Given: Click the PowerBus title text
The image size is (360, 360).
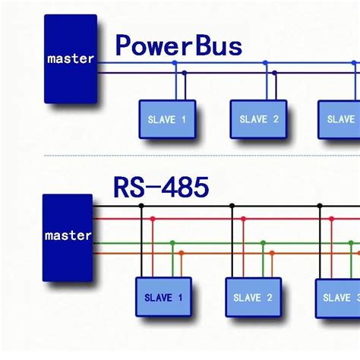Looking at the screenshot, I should pos(178,46).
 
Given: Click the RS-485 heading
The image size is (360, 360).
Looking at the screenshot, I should pos(161,186).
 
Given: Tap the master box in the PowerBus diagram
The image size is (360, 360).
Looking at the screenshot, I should pos(71,58).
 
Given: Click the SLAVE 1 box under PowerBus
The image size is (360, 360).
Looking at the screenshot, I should pos(167,119).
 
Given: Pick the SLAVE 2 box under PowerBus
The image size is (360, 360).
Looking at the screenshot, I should pos(258,119).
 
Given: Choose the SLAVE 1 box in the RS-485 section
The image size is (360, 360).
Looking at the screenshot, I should pos(163,297).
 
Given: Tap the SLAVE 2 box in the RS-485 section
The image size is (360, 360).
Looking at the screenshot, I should pos(253,297).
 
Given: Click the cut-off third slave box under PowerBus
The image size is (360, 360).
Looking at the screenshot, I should pos(339,119).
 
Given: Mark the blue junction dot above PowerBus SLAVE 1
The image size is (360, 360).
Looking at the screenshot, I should pos(175,63).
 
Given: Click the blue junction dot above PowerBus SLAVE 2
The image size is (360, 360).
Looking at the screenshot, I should pos(266,63).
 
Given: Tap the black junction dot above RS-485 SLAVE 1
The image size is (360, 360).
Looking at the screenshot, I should pos(141,206).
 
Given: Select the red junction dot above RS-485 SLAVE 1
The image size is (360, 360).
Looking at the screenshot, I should pos(152,219).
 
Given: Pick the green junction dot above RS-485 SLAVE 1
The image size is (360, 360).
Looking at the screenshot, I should pos(172,243).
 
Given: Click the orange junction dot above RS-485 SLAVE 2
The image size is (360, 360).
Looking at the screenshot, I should pos(272,254).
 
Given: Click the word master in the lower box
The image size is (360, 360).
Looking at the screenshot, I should pos(68,235).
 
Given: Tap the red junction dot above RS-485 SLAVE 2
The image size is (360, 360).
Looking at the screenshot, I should pos(242,219).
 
